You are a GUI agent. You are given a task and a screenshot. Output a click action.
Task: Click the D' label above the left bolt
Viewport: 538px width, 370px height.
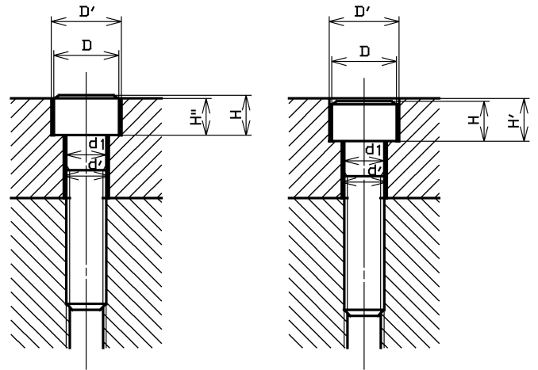pos(86,11)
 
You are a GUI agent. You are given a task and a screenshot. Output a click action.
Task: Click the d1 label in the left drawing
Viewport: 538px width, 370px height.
pos(96,143)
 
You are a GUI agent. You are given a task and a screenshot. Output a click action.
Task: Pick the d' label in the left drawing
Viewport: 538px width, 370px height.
pos(95,164)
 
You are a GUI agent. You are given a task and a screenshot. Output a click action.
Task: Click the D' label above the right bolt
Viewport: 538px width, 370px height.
pos(363,11)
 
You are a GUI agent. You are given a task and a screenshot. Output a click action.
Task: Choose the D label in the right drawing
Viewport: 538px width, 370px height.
pos(364,51)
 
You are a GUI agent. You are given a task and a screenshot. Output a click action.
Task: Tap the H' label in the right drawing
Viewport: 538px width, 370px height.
pos(514,121)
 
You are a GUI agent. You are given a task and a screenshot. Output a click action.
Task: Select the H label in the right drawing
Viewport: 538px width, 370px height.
pos(473,120)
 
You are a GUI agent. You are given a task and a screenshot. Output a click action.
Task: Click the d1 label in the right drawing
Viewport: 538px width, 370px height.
pos(374,149)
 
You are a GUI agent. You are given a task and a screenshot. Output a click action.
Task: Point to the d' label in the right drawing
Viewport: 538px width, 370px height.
pos(373,169)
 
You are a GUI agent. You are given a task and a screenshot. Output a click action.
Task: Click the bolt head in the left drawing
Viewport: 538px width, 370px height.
pos(86,116)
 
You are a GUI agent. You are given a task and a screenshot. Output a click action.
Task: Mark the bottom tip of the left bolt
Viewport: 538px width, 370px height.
pos(86,306)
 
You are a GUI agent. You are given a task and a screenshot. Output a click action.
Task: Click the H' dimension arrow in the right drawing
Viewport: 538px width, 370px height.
pos(524,121)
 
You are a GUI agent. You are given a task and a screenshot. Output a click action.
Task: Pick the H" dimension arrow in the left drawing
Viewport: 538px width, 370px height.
pos(206,116)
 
